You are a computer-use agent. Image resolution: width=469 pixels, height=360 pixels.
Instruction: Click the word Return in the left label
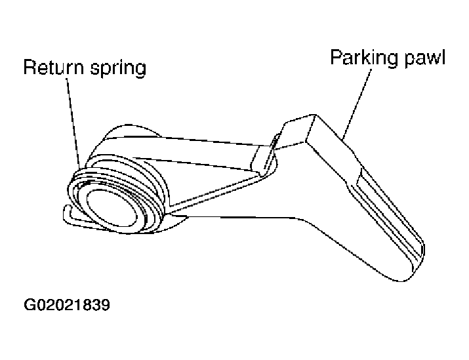coord(50,68)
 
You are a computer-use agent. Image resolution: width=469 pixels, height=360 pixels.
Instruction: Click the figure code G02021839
coord(66,306)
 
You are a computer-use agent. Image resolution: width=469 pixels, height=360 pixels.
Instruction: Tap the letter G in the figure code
coord(30,306)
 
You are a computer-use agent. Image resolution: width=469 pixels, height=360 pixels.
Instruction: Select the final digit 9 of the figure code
coord(104,306)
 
